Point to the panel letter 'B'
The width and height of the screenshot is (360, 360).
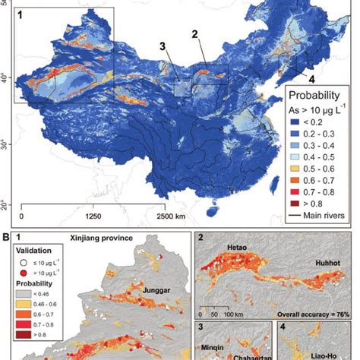coord(5,236)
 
